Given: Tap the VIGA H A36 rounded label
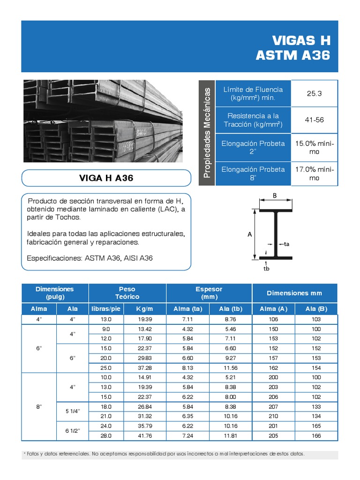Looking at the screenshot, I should (x=106, y=178).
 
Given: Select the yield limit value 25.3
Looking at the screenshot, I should (x=314, y=93).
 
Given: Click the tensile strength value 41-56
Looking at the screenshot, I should (x=314, y=120).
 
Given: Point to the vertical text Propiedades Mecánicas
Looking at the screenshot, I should (x=207, y=133).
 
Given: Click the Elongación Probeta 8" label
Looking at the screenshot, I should (x=253, y=173).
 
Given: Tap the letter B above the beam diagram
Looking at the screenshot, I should (x=276, y=196).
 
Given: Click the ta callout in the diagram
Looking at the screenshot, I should (x=287, y=244).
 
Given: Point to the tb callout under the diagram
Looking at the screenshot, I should (x=266, y=269).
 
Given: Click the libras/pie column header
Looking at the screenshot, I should (x=106, y=308).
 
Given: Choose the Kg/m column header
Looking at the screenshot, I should (x=144, y=308).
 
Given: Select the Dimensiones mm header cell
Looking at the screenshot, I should (x=294, y=293).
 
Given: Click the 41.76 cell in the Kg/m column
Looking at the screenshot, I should (x=144, y=436).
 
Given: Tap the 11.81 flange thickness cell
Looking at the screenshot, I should (x=231, y=436).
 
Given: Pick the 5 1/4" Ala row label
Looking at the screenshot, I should (x=72, y=411).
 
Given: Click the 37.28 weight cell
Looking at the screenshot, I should (x=144, y=368).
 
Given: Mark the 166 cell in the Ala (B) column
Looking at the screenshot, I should (x=316, y=436).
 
